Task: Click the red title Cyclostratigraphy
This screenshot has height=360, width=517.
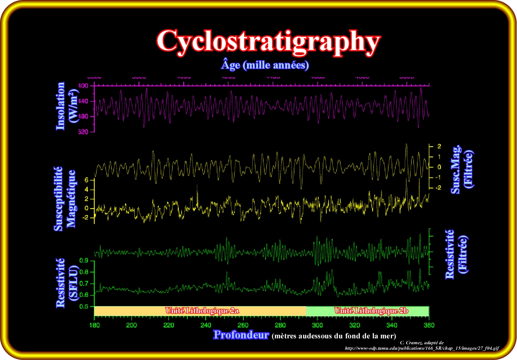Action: tap(268, 41)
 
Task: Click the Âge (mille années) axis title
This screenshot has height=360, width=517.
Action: tap(265, 65)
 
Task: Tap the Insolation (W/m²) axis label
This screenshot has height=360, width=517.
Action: tap(66, 106)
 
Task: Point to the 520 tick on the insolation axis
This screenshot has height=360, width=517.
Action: tap(84, 132)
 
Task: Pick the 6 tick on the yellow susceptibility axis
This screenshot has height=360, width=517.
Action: tap(87, 180)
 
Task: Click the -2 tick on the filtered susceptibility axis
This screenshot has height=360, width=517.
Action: tap(437, 188)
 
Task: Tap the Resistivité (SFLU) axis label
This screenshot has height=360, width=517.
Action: tap(66, 283)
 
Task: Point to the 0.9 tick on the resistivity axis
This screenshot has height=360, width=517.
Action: tap(84, 261)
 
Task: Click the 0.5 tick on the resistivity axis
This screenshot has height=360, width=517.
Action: tap(84, 306)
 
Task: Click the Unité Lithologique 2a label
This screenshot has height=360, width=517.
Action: tap(202, 311)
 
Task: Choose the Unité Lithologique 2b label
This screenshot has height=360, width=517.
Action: tap(371, 311)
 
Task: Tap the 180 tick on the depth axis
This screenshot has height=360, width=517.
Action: tap(94, 325)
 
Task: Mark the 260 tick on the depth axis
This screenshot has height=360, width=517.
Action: tap(243, 325)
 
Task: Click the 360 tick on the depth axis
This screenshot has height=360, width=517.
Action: tap(429, 325)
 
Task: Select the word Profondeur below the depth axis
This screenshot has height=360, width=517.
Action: tap(241, 335)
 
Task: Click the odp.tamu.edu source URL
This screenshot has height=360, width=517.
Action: tap(422, 348)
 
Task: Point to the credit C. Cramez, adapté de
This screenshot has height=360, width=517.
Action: tap(422, 343)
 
